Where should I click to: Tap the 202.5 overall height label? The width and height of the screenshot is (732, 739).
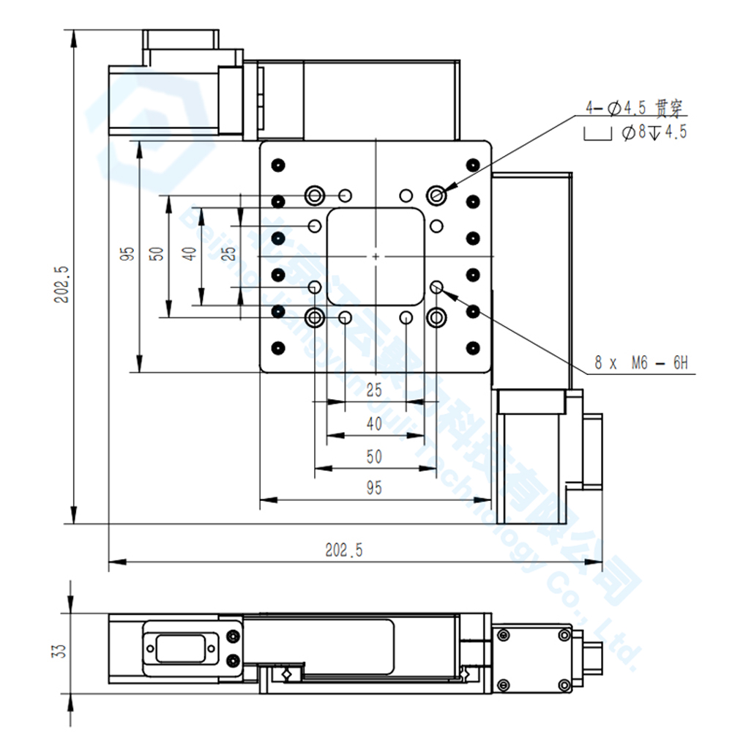click(61, 283)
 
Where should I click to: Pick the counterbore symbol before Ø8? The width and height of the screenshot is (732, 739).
click(597, 134)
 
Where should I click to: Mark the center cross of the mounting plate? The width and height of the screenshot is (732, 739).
click(375, 256)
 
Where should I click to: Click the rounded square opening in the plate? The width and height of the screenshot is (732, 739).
click(375, 256)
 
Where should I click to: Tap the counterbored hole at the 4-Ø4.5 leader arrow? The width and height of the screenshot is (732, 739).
click(437, 195)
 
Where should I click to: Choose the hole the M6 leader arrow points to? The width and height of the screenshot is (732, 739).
click(437, 287)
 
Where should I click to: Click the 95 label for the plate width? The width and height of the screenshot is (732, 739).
click(374, 489)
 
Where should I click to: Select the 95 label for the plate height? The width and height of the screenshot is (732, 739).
click(128, 254)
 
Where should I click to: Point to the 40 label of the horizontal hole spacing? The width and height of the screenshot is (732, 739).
click(374, 423)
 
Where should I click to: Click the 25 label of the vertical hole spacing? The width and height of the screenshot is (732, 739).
click(229, 254)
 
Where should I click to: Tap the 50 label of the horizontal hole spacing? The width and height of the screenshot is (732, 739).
click(374, 456)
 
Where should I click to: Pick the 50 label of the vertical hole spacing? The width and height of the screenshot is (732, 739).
click(156, 254)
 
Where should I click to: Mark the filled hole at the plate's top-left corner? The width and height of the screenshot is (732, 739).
click(277, 164)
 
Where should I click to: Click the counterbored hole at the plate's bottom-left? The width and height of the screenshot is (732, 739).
click(315, 318)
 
